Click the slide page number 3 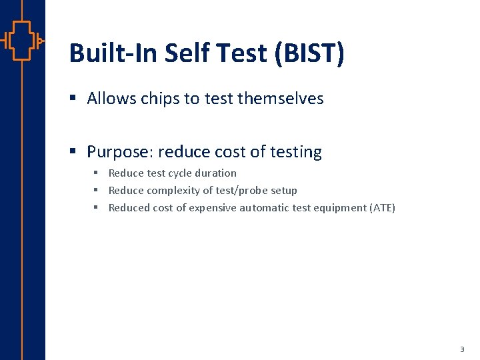(x=462, y=349)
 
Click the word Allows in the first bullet (x=109, y=99)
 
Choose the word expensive (x=213, y=207)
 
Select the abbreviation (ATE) (x=382, y=207)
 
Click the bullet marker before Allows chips (x=74, y=99)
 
